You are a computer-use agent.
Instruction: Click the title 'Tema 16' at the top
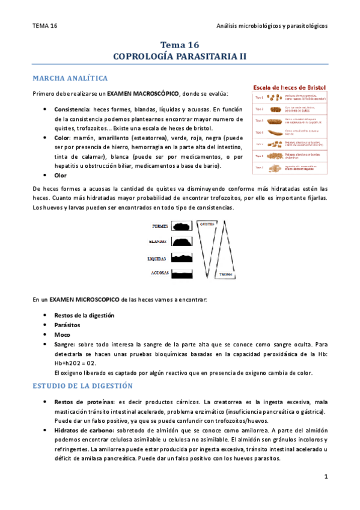180,45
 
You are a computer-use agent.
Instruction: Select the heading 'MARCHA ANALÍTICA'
70,78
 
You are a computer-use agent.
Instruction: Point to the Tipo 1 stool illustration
276,97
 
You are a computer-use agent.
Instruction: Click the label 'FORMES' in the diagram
159,227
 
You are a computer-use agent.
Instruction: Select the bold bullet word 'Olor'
60,175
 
